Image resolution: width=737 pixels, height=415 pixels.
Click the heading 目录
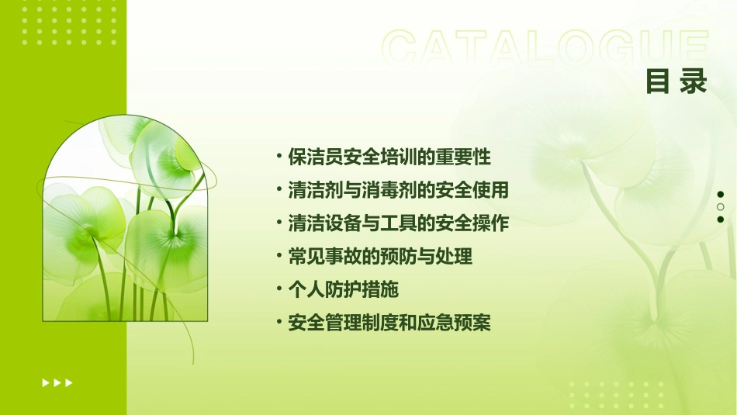coord(676,81)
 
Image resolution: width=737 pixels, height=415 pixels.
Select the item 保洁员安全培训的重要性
coord(389,157)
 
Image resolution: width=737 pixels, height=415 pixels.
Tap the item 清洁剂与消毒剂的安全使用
coord(398,190)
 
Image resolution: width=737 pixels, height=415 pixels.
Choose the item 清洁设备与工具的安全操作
coord(398,223)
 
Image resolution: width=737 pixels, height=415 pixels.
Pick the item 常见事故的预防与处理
coord(380,257)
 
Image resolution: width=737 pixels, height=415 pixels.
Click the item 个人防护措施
coord(343,290)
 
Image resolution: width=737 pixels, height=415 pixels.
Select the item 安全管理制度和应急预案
coord(389,323)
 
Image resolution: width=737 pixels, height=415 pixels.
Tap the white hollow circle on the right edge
coord(721,207)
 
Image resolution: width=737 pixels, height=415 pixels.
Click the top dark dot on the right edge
coord(721,195)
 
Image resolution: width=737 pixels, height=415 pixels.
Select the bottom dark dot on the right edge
coord(721,220)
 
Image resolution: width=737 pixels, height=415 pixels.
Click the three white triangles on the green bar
coord(57,382)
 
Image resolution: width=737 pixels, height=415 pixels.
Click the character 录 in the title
coord(693,81)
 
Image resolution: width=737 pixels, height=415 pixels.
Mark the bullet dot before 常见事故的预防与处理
coord(279,255)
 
